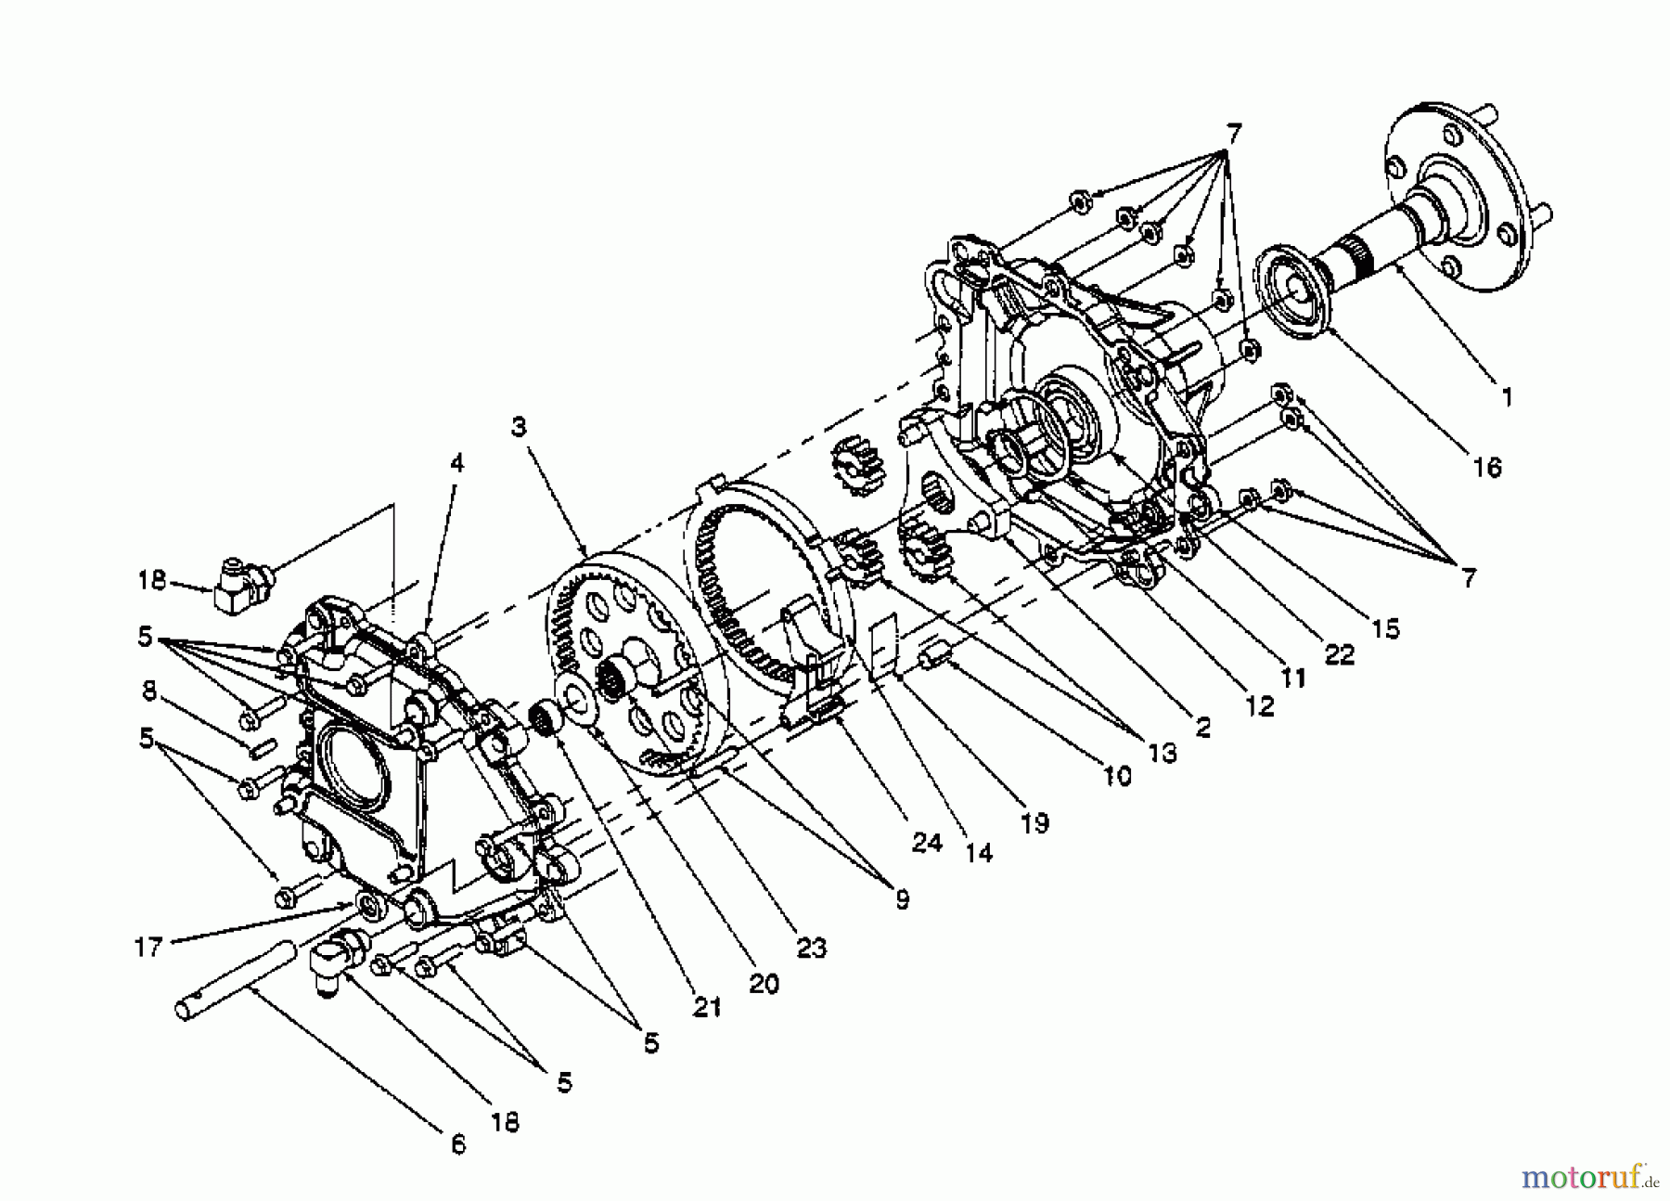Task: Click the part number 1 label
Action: pyautogui.click(x=1507, y=397)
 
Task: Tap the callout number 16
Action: pyautogui.click(x=1486, y=467)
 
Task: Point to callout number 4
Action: pyautogui.click(x=456, y=462)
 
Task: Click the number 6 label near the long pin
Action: pyautogui.click(x=457, y=1144)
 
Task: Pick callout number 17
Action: pyautogui.click(x=148, y=948)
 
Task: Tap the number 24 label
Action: pyautogui.click(x=927, y=842)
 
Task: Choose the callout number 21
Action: pyautogui.click(x=707, y=1006)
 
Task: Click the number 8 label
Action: pyautogui.click(x=149, y=691)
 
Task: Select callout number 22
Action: pyautogui.click(x=1340, y=654)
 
